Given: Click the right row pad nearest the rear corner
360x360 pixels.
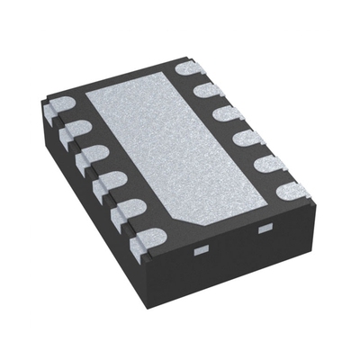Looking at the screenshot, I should coord(188,67).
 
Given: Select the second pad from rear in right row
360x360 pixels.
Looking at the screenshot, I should coord(206,90).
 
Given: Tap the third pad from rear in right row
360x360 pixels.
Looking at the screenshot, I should coord(225,114).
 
